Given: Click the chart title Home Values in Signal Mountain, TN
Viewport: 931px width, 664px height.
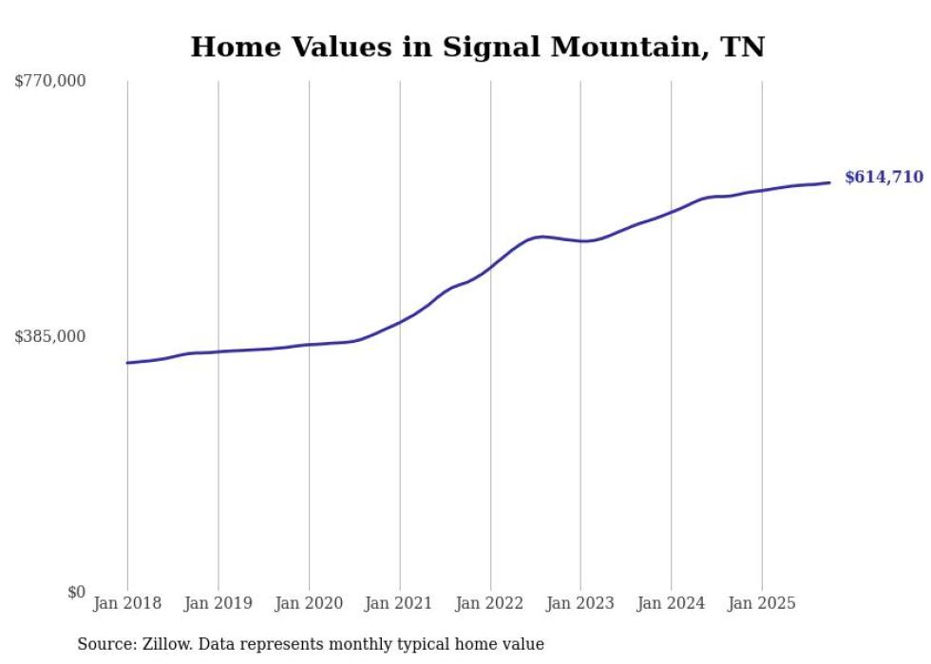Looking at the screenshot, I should [477, 47].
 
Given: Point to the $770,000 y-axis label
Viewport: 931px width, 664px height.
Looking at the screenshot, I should [50, 82].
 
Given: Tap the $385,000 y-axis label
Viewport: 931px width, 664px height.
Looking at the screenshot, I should [50, 336].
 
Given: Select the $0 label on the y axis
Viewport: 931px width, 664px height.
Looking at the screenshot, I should [76, 592].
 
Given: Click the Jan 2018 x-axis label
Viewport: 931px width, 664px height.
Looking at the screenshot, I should [127, 603].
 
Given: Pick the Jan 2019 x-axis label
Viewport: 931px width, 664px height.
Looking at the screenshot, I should [218, 603].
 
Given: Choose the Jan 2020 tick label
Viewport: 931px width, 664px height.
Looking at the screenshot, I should [309, 603].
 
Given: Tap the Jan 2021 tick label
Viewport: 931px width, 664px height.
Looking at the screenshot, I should [399, 603].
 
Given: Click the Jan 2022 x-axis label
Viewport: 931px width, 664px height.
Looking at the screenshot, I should [490, 603].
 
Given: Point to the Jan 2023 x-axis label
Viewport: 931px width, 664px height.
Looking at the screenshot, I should [580, 603].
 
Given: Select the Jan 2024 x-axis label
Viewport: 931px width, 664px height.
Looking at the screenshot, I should [671, 603].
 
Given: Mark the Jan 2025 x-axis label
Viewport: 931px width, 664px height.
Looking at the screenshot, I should [761, 603].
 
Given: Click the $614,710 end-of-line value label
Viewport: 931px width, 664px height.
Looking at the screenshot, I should [883, 178].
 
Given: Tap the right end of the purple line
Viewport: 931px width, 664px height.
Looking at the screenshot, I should [829, 182].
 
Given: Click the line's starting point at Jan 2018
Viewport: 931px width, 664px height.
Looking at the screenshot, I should [127, 363].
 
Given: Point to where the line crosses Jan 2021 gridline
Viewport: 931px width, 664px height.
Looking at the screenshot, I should [399, 321].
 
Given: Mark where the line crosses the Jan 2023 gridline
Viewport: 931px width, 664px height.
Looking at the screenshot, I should [580, 241].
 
